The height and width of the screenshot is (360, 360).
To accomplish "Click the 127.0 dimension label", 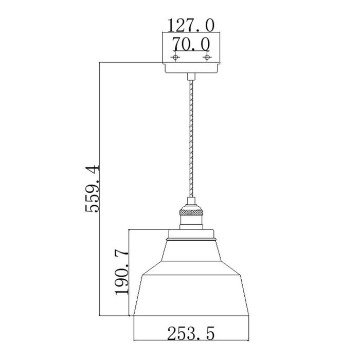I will point(191,25).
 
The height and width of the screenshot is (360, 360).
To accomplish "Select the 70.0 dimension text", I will point(191,43).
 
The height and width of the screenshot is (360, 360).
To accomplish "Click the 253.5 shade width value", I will point(190,334).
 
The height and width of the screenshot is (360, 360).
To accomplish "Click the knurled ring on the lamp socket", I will point(190,211).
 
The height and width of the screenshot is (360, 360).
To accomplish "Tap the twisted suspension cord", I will point(191,139).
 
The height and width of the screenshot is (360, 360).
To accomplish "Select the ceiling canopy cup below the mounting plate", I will point(191,67).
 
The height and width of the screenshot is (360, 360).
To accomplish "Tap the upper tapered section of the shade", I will point(191,254).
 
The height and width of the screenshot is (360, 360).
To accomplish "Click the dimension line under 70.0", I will point(191,52).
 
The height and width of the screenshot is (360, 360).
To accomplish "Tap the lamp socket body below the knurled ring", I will point(190,223).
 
